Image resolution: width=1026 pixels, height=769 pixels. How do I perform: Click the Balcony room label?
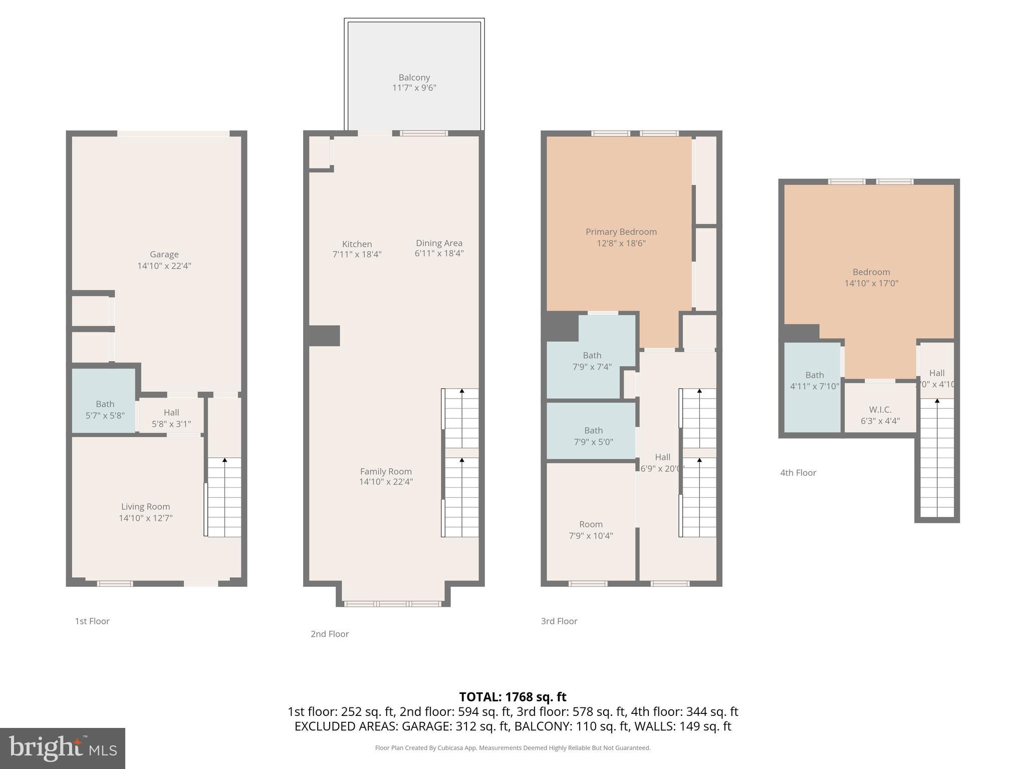click(x=414, y=78)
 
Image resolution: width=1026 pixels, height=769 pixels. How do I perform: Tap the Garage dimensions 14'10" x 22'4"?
click(x=164, y=266)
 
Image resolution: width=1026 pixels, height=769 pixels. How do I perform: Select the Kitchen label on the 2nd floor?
click(x=357, y=244)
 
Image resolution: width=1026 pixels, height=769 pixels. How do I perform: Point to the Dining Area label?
click(x=439, y=243)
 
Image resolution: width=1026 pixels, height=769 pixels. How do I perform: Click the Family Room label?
click(x=386, y=472)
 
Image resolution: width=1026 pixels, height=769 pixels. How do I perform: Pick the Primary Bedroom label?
click(x=621, y=232)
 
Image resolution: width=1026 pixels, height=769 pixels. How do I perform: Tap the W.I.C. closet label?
click(x=880, y=410)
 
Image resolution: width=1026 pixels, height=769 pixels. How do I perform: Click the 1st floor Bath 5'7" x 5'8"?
click(x=105, y=410)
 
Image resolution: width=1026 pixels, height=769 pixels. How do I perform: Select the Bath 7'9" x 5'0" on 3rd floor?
click(x=593, y=436)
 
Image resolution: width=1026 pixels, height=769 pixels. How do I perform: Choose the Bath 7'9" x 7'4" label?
click(x=592, y=361)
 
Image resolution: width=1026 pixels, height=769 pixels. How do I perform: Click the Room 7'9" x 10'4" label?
click(x=591, y=530)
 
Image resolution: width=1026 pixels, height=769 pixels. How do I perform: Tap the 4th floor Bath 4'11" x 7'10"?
click(x=814, y=380)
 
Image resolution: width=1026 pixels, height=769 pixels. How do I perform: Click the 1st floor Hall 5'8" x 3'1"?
click(x=171, y=418)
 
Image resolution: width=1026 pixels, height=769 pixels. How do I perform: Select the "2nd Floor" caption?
click(x=330, y=634)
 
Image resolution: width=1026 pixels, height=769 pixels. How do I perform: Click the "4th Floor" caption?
click(x=798, y=473)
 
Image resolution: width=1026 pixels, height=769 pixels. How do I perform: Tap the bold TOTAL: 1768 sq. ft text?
click(x=512, y=696)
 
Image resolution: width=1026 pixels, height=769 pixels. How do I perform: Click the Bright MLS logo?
click(x=63, y=748)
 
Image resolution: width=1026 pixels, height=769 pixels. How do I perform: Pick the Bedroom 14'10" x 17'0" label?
click(x=871, y=277)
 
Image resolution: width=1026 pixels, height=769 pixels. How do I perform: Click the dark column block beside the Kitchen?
click(x=324, y=335)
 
